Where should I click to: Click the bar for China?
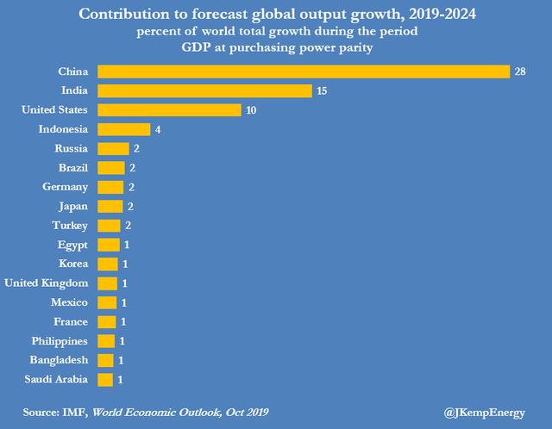coord(304,71)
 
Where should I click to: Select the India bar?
coord(204,90)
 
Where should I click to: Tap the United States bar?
coord(169,109)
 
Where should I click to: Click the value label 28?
coord(520,71)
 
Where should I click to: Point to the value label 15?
coord(322,90)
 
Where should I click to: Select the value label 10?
coord(251,109)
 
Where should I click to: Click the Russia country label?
coord(71,148)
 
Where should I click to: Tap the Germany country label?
coord(66,187)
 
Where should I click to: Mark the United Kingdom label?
coord(47,283)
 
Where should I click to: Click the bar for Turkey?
coord(109,225)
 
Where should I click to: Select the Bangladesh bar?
coord(105,360)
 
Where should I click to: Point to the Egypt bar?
coord(108,245)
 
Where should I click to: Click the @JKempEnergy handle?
coord(484,412)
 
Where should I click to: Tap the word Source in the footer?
coord(40,412)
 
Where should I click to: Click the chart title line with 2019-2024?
coord(275,14)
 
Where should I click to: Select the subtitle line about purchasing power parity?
coord(275,48)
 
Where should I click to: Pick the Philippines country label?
coord(57,340)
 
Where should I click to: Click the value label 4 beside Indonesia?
coord(156,129)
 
